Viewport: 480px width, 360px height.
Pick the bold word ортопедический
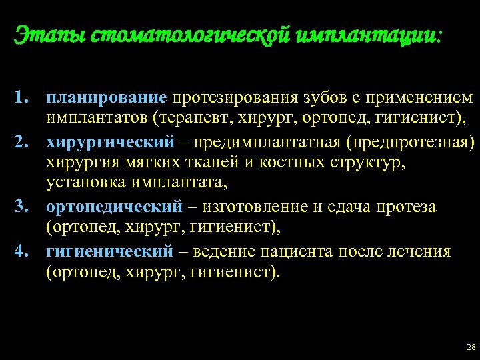pyautogui.click(x=114, y=207)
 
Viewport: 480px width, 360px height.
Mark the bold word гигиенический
pyautogui.click(x=109, y=251)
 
